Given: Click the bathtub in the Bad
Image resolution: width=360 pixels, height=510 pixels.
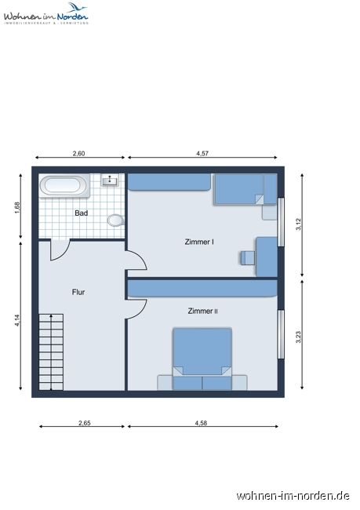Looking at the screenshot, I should pos(64,186).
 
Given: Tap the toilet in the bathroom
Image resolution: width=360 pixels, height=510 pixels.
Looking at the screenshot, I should pos(117,220).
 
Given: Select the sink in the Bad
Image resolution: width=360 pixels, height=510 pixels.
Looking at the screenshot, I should pos(110,181).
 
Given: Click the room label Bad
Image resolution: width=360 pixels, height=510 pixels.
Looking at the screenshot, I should pos(81,213).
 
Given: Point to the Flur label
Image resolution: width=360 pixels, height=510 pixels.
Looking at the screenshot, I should pos(78,292).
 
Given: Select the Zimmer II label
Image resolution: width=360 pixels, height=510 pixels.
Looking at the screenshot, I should pos(203,311).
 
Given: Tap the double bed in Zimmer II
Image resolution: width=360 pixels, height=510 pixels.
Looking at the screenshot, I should pos(202,357).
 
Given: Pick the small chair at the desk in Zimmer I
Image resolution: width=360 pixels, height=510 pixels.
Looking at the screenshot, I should pos(249,257).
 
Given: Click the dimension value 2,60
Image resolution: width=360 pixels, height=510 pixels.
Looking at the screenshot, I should pos(78,154).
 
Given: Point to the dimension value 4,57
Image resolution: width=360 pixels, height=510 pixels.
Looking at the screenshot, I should pos(202,154).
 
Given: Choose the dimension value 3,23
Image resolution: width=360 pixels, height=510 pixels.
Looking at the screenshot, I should pos(298,337).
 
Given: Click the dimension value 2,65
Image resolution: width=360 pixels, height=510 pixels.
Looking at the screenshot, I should pos(84,423).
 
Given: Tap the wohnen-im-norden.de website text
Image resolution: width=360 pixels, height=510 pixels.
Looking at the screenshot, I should pos(293,495).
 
